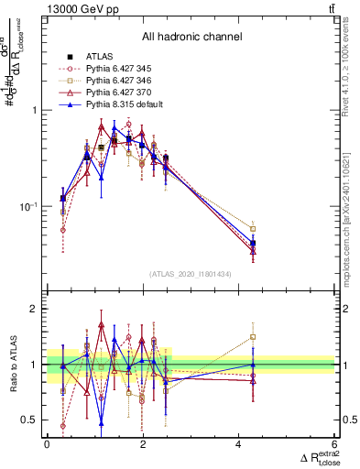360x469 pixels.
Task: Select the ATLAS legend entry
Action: click(x=98, y=57)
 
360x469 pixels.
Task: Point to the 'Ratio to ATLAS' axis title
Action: click(x=11, y=365)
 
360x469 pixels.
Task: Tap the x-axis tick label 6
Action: click(x=334, y=445)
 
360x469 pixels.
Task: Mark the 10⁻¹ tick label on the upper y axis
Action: click(x=28, y=206)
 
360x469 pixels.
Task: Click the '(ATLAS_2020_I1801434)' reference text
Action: click(x=191, y=274)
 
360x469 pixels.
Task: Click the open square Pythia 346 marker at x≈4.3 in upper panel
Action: click(x=253, y=229)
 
